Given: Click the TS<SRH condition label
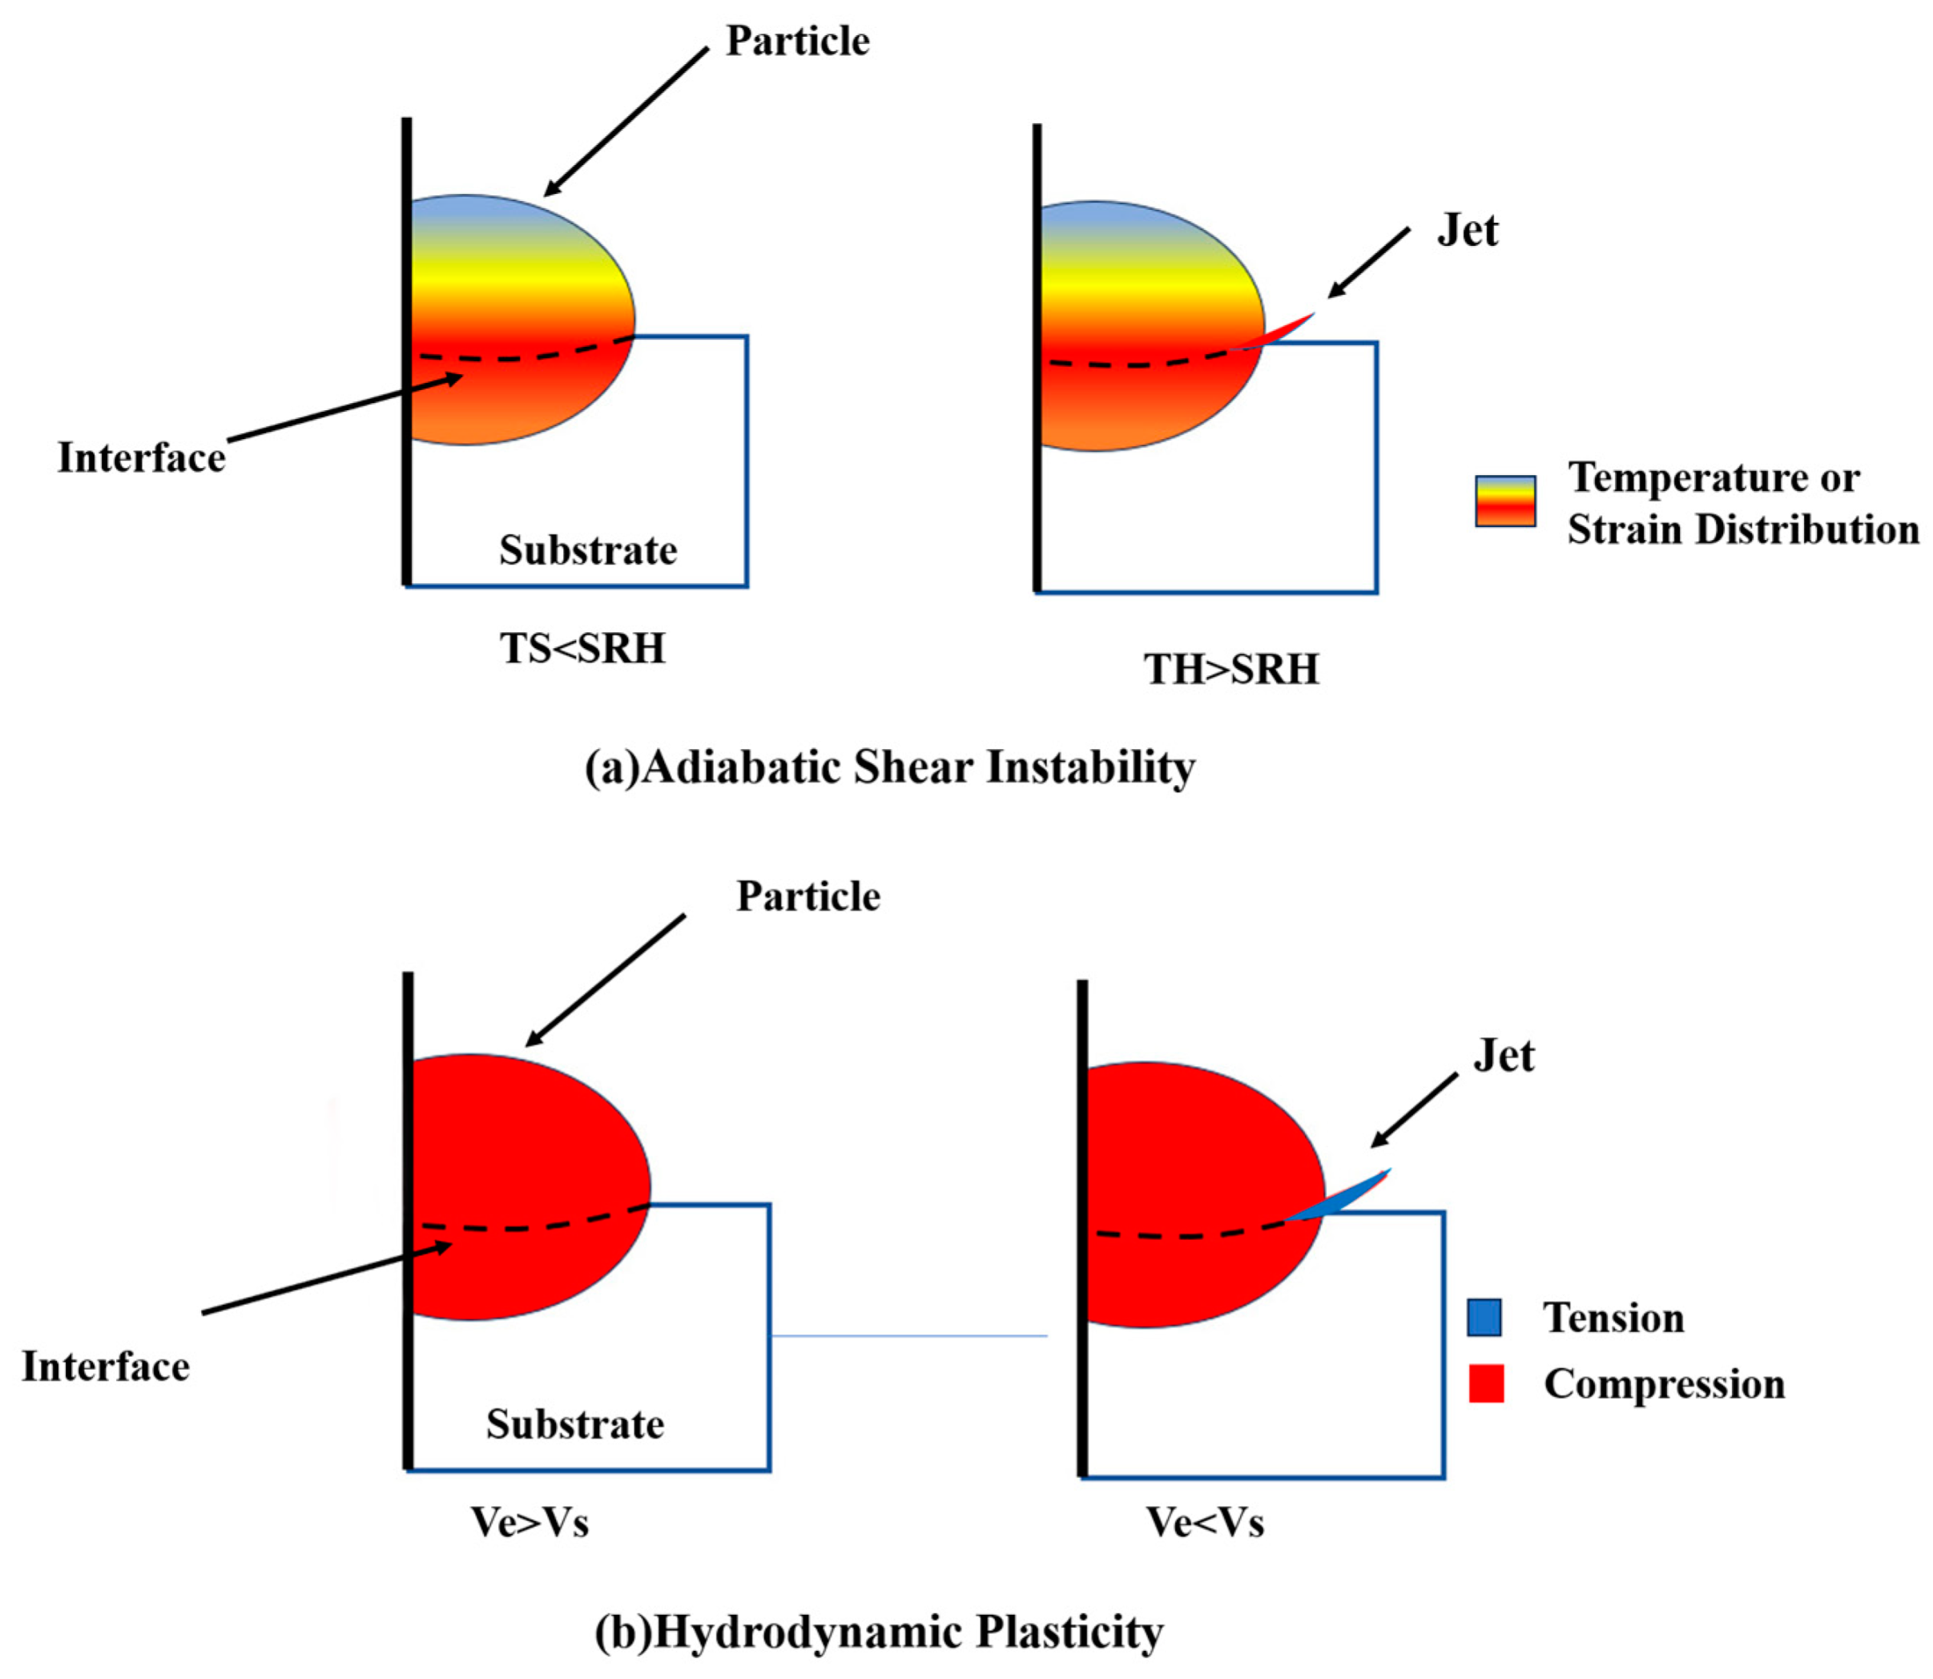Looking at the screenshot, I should coord(582,648).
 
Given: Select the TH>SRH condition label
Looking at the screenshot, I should coord(1230,670).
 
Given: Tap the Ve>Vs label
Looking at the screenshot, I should coord(530,1522).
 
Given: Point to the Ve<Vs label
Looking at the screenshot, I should coord(1205,1523).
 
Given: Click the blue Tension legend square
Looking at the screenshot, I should coord(1484,1318).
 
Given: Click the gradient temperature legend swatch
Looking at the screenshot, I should coord(1504,501).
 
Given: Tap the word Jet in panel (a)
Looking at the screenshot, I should coord(1467,231).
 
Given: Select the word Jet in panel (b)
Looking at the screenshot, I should coord(1503,1056).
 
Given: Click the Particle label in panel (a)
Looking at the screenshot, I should coord(797,41).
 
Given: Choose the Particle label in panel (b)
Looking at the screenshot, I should coord(807,896).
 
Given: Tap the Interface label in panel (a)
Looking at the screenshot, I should coord(142,458).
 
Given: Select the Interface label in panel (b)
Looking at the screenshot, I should coord(106,1367).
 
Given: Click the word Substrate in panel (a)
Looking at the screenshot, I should coord(587,550).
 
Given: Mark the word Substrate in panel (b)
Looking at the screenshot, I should coord(574,1424).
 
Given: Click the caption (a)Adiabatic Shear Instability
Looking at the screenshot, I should coord(889,767).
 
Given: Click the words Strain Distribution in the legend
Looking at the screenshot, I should coord(1743,529).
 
